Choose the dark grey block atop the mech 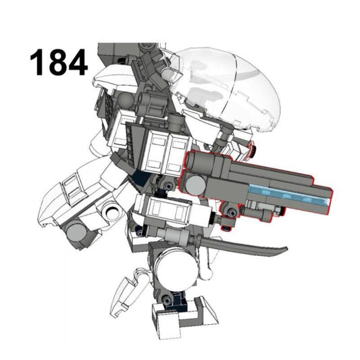114,51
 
